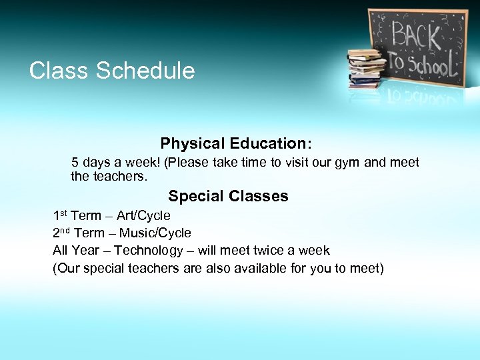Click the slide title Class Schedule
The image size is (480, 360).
coord(112,71)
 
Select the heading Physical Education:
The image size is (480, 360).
coord(236,143)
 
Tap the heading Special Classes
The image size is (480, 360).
coord(228,196)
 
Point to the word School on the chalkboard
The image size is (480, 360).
coord(429,64)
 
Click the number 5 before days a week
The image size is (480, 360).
coord(75,163)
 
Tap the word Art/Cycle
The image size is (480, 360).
coord(143,216)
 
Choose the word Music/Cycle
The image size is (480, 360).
coord(155,233)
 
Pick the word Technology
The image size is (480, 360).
coord(148,251)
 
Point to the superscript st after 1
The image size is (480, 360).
coord(63,213)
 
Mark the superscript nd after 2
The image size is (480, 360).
coord(65,231)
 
